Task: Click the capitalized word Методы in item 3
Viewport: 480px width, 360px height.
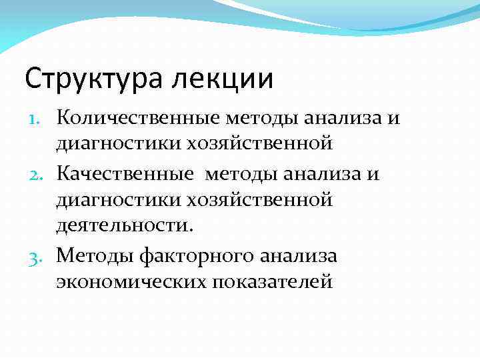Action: click(97, 255)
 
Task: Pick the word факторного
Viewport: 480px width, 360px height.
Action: click(193, 255)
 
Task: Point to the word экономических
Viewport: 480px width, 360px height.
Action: click(131, 282)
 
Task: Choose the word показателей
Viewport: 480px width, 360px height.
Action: click(272, 282)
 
